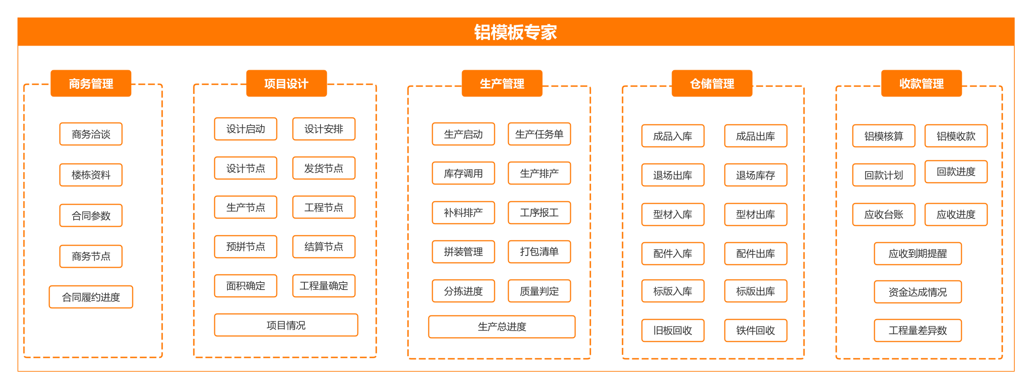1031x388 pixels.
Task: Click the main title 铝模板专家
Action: pos(515,32)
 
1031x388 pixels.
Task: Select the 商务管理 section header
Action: pos(91,83)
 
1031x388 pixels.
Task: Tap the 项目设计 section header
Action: pos(286,83)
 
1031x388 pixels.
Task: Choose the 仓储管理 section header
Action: pos(711,83)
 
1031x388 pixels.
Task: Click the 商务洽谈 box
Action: pos(91,134)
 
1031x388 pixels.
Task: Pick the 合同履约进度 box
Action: pos(91,297)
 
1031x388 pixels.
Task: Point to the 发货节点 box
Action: pos(323,168)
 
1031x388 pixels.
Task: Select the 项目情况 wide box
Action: pos(285,325)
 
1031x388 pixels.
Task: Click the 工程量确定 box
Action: pos(323,285)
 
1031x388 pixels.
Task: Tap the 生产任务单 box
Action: pos(539,134)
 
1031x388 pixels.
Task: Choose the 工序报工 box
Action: pos(539,212)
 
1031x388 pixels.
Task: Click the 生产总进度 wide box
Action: pos(501,326)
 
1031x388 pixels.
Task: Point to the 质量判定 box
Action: pos(539,291)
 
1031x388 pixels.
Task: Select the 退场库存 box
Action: pos(755,175)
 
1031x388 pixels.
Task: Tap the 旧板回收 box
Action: pos(672,330)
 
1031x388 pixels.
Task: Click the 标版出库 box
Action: pos(755,291)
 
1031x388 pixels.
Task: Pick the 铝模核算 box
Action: pos(883,136)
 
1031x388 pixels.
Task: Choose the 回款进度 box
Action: pos(955,172)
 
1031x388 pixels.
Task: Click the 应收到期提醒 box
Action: pos(917,253)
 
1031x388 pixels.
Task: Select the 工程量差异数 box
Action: pos(917,330)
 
